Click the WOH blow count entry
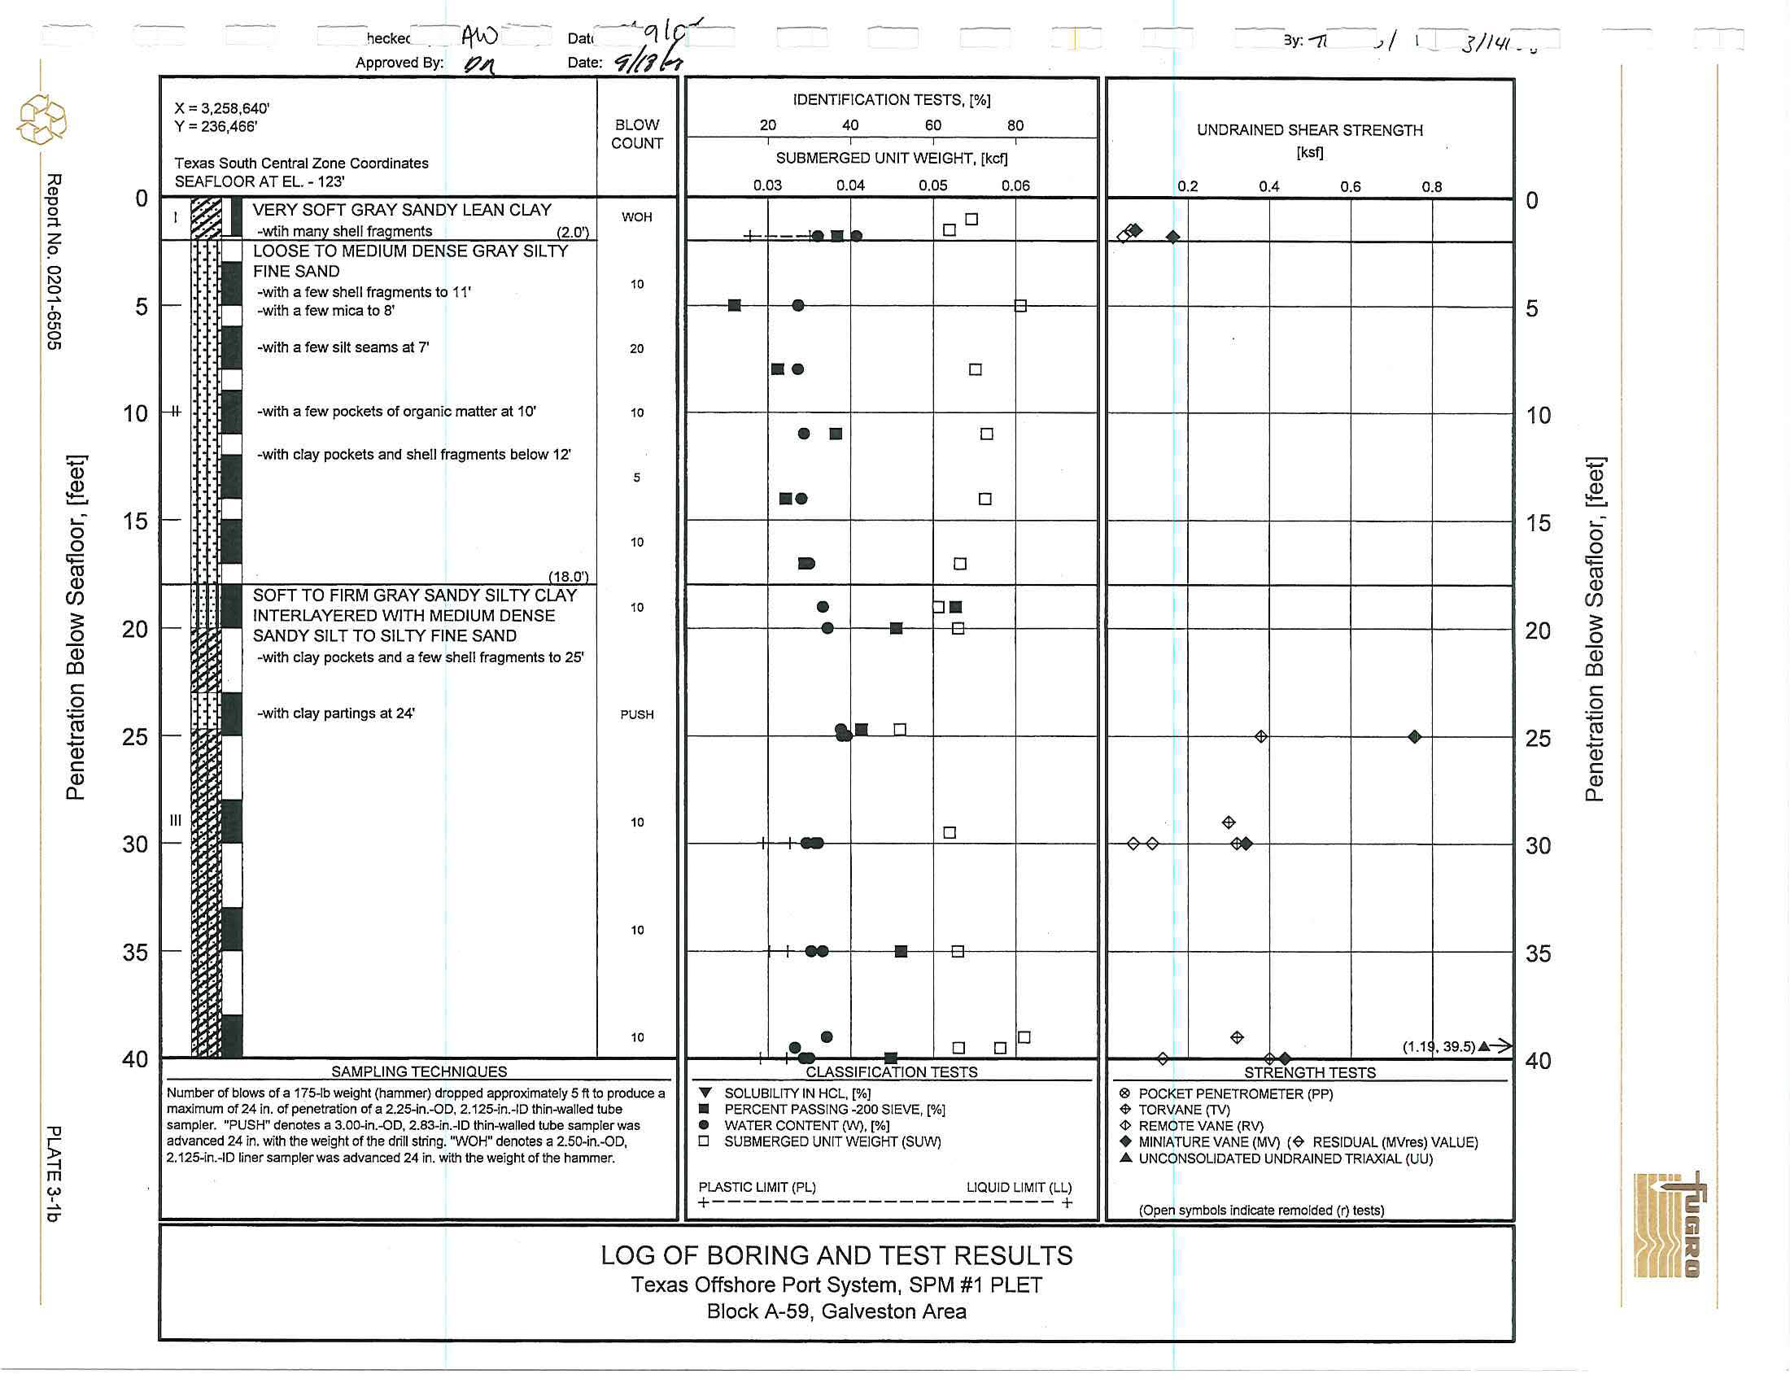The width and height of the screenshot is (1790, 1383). pyautogui.click(x=636, y=217)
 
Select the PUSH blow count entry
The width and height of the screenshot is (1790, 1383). pyautogui.click(x=637, y=714)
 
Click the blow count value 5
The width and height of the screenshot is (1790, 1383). pyautogui.click(x=637, y=478)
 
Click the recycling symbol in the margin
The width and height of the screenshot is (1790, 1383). pyautogui.click(x=41, y=120)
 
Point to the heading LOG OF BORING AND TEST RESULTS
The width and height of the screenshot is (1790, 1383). pyautogui.click(x=836, y=1256)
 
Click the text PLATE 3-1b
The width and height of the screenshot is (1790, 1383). pyautogui.click(x=53, y=1173)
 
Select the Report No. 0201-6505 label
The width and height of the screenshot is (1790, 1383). pyautogui.click(x=53, y=261)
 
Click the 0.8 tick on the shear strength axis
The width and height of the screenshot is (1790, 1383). pyautogui.click(x=1431, y=187)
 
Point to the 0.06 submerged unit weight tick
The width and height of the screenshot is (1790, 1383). pyautogui.click(x=1015, y=186)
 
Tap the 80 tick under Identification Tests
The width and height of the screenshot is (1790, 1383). pyautogui.click(x=1015, y=125)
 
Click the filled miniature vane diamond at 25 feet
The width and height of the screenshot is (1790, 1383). pyautogui.click(x=1414, y=736)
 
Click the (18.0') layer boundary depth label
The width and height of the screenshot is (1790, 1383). pyautogui.click(x=568, y=577)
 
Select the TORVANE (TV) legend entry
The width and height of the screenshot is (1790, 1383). pyautogui.click(x=1184, y=1110)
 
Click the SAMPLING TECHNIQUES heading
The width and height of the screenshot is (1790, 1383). pyautogui.click(x=419, y=1071)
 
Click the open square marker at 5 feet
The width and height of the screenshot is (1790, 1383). pyautogui.click(x=1019, y=306)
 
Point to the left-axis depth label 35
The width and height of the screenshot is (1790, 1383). pyautogui.click(x=135, y=952)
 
